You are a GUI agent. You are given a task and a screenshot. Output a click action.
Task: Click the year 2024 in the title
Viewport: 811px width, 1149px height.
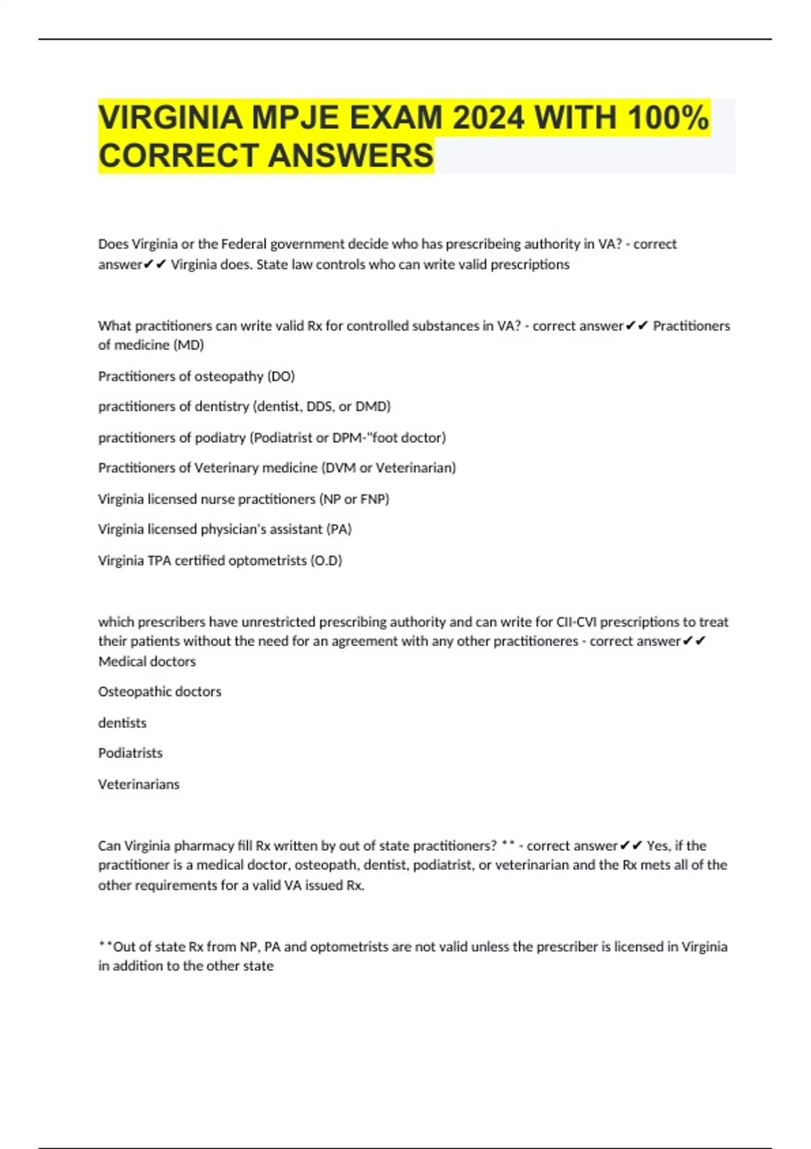(488, 118)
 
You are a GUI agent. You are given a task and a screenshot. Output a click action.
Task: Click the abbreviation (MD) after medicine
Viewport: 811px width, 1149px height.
(189, 345)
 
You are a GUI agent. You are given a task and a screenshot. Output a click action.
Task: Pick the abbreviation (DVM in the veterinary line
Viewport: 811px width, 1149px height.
(339, 468)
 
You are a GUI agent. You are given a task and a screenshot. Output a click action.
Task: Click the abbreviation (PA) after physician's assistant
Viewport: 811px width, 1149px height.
(339, 529)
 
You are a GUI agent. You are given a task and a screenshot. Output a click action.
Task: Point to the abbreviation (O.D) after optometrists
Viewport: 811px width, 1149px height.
(326, 561)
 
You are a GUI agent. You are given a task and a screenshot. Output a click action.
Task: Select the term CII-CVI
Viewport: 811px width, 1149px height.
(576, 622)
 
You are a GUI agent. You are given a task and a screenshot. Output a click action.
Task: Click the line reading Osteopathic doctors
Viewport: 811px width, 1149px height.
(159, 692)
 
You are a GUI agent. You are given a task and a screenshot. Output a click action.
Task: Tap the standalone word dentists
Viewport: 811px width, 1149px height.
(122, 723)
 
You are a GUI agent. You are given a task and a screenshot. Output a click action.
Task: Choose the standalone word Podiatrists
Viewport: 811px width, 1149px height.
(130, 754)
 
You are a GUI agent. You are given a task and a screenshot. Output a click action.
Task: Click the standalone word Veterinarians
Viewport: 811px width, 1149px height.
(139, 785)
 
